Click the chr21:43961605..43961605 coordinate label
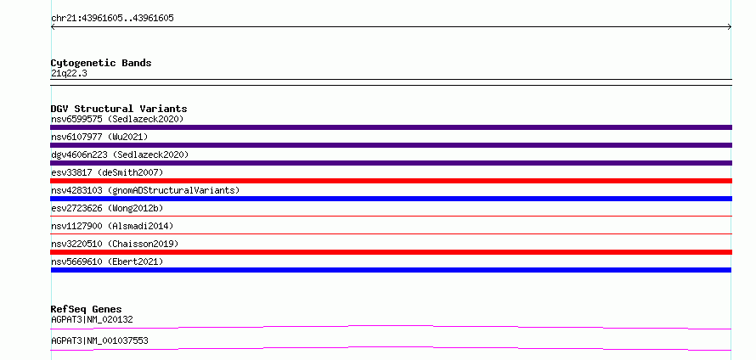tap(112, 19)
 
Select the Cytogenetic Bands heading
tap(101, 63)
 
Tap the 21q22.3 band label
tap(69, 73)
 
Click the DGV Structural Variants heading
tap(119, 109)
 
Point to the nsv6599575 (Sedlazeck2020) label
tap(117, 119)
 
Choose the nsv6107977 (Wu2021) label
tap(99, 137)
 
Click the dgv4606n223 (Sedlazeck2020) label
tap(120, 155)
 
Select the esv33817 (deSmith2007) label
tap(107, 172)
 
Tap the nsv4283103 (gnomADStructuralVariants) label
tap(145, 190)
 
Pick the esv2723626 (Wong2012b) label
tap(107, 208)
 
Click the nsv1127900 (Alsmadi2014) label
tap(112, 226)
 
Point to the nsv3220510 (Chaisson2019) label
tap(115, 244)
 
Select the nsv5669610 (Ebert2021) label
tap(107, 262)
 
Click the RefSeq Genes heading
tap(87, 309)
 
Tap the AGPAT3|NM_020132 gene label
tap(92, 319)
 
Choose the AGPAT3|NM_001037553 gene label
tap(99, 340)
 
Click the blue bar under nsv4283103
tap(391, 199)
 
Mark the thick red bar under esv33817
tap(391, 181)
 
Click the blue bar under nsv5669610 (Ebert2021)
tap(391, 270)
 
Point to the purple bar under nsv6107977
tap(391, 145)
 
